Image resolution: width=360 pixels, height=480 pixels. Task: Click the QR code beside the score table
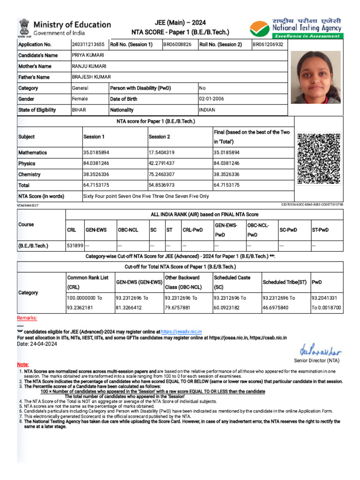point(318,158)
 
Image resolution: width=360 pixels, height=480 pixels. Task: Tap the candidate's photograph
point(315,77)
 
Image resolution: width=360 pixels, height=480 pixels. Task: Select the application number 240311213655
point(88,45)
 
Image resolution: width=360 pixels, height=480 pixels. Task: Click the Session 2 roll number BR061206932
point(268,45)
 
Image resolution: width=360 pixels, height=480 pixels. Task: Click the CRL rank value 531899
point(75,246)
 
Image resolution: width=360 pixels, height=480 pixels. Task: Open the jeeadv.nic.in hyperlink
point(181,331)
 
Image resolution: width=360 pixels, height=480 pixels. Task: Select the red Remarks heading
point(27,318)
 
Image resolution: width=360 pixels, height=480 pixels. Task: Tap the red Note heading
point(22,364)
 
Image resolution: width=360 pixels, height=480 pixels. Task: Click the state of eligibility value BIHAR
point(79,110)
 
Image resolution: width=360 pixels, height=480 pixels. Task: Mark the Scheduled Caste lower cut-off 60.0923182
point(228,307)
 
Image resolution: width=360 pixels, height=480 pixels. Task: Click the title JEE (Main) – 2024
point(180,23)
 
